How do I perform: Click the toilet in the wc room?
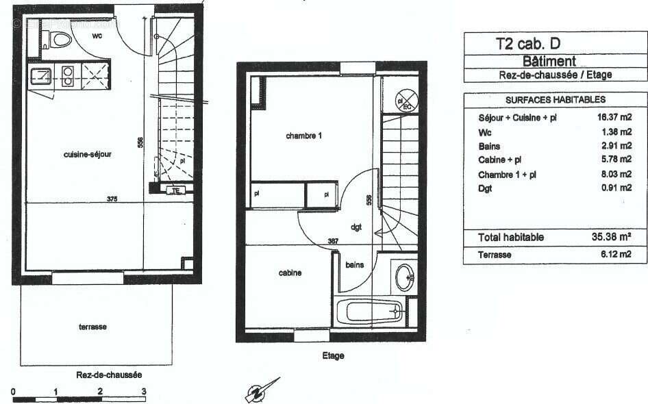tap(60, 40)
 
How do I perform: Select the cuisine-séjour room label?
tap(87, 155)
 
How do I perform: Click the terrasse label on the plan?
tap(92, 327)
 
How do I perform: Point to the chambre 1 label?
tap(303, 136)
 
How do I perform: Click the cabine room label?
tap(290, 273)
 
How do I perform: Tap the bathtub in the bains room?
tap(373, 312)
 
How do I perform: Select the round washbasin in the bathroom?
tap(405, 277)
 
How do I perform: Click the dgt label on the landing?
tap(356, 227)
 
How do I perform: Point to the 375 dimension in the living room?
tap(112, 199)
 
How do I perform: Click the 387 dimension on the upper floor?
tap(333, 241)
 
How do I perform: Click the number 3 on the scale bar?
tap(144, 391)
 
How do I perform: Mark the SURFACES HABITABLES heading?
tap(546, 100)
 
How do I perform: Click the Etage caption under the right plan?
tap(333, 356)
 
